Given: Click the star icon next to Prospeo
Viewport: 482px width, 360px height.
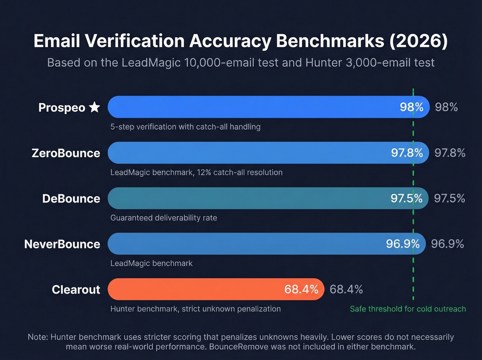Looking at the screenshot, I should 94,107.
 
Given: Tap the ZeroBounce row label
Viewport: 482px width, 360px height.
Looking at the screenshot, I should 66,153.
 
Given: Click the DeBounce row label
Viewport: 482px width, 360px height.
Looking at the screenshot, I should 71,198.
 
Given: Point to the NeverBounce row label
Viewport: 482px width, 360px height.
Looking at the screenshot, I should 62,244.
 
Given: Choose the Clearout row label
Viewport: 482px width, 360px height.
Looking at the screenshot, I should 76,289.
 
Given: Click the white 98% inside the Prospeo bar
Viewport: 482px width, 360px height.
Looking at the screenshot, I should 411,107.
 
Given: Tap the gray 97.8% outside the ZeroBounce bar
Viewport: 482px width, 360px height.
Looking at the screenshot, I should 450,153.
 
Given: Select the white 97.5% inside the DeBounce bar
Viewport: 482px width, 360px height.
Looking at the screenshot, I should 406,198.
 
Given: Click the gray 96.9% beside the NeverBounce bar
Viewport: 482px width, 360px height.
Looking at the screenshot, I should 447,244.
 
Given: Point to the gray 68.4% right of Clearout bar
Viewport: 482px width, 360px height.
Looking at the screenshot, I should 346,289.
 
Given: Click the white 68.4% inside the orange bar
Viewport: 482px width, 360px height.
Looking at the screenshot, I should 301,289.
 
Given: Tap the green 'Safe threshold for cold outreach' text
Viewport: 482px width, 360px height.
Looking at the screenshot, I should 408,309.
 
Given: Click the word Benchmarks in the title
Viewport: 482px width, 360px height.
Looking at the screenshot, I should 330,41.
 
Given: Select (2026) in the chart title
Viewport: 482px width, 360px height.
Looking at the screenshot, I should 419,41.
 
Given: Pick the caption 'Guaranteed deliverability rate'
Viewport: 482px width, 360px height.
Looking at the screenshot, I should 164,218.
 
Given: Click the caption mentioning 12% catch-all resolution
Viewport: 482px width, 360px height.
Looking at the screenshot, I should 196,172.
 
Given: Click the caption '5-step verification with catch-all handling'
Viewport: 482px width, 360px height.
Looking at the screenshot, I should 185,127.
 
